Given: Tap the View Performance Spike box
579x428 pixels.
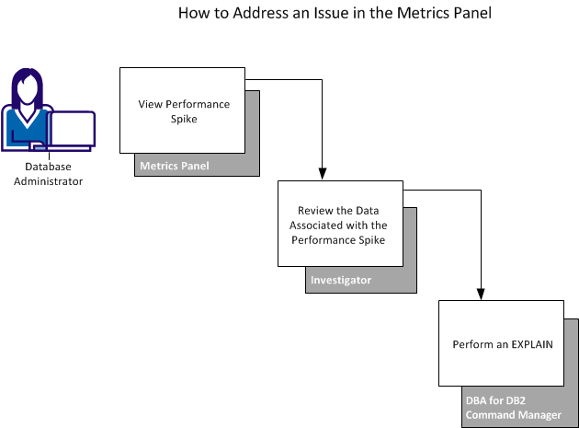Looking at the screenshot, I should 182,110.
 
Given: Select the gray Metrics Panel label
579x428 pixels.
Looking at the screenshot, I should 174,167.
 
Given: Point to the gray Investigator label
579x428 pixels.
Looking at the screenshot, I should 341,281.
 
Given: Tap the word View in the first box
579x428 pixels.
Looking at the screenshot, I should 150,104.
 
